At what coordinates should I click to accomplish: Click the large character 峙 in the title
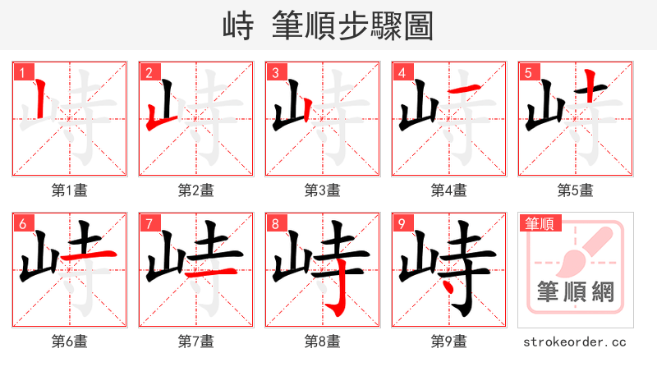point(239,26)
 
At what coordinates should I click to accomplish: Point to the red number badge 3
point(275,72)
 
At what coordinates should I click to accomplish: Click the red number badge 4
point(402,72)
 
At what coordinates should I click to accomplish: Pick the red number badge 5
point(528,72)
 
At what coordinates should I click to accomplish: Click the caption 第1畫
point(70,190)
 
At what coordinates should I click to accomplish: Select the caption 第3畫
point(323,190)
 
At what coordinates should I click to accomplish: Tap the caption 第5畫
point(576,190)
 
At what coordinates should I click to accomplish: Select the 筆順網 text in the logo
point(576,292)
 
